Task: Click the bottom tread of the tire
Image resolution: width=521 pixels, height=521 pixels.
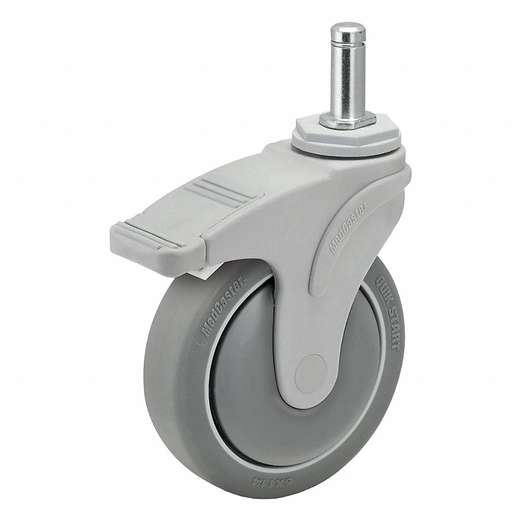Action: click(x=271, y=500)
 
